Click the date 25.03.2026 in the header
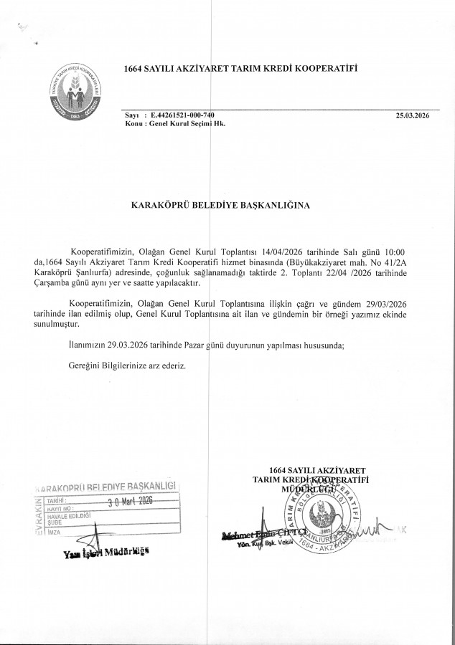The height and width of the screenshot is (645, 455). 412,115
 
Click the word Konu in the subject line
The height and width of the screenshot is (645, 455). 133,124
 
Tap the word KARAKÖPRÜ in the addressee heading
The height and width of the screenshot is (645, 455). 154,206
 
